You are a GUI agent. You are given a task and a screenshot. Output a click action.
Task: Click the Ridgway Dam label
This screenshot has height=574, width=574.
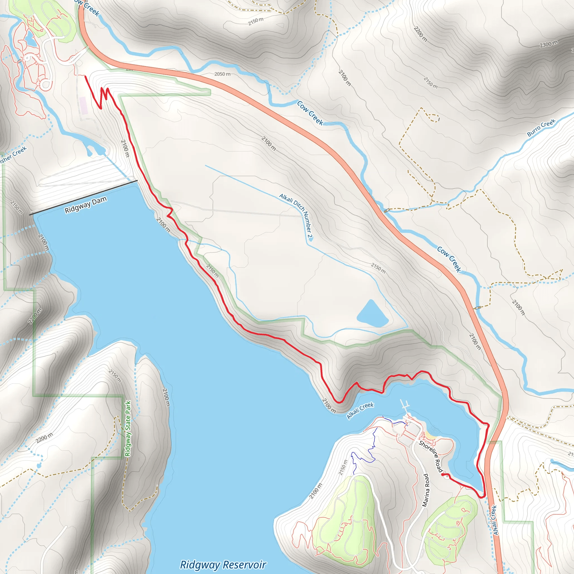[x=85, y=205]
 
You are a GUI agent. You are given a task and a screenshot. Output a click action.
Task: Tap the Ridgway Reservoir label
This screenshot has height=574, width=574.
[x=223, y=564]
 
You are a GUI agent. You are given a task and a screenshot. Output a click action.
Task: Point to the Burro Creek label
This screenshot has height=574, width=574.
[x=541, y=128]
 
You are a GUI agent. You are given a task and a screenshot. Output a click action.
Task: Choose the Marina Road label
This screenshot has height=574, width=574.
[x=426, y=490]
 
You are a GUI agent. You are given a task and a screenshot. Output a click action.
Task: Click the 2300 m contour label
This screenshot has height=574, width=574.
[x=548, y=44]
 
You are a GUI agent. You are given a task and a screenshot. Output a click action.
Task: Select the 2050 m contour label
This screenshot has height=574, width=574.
[x=222, y=74]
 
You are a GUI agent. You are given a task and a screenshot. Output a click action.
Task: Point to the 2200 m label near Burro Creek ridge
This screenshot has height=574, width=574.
[x=420, y=34]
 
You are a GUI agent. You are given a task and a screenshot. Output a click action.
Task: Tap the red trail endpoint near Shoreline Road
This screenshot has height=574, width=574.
[x=443, y=475]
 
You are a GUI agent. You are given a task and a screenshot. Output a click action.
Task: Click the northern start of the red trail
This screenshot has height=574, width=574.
[x=85, y=77]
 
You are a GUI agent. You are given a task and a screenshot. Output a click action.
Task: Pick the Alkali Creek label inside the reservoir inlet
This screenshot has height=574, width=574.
[x=360, y=411]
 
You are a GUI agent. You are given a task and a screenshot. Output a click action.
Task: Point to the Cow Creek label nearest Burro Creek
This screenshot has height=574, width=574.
[x=449, y=259]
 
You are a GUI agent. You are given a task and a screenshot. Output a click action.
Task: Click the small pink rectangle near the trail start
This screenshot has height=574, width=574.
[x=84, y=106]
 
